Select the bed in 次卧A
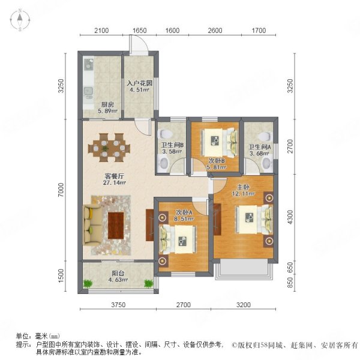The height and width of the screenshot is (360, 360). [x=181, y=239]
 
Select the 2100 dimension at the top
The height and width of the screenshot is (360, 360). [x=102, y=31]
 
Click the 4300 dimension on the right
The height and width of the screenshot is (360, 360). [x=292, y=216]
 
